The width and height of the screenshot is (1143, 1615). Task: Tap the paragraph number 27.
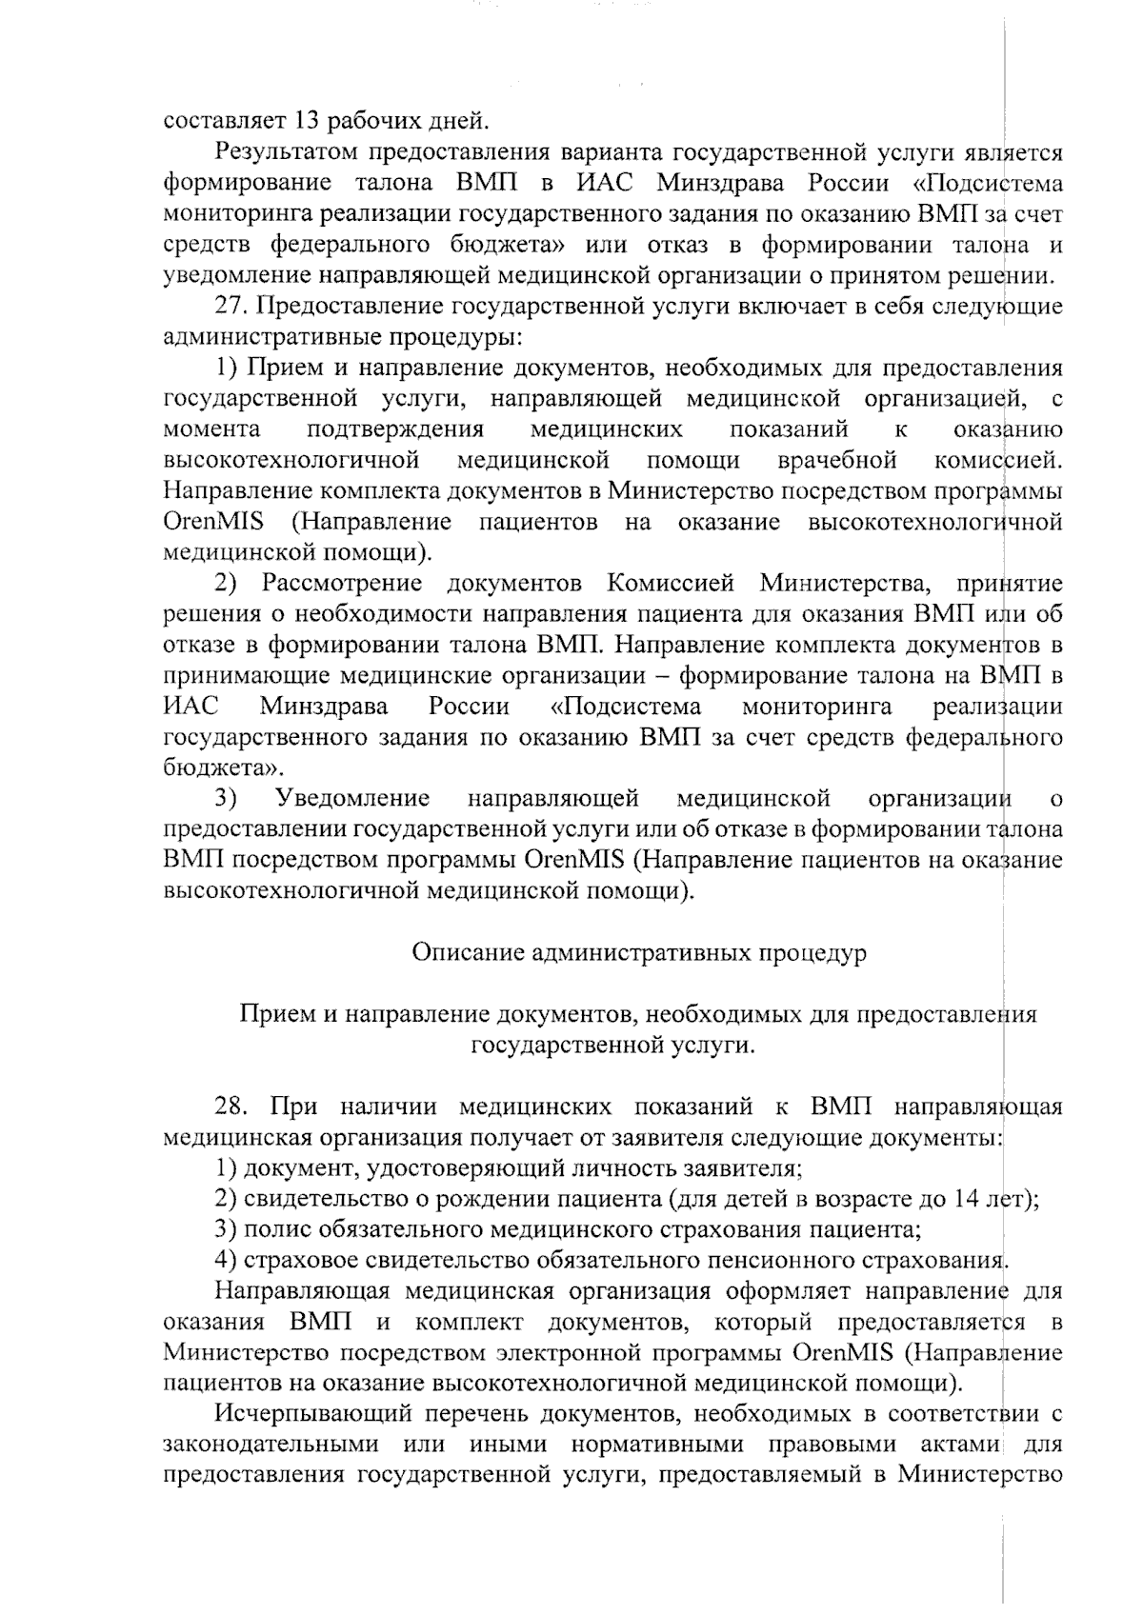[231, 307]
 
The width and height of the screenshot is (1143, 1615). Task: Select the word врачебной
[837, 461]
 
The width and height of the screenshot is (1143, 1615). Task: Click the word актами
[962, 1445]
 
